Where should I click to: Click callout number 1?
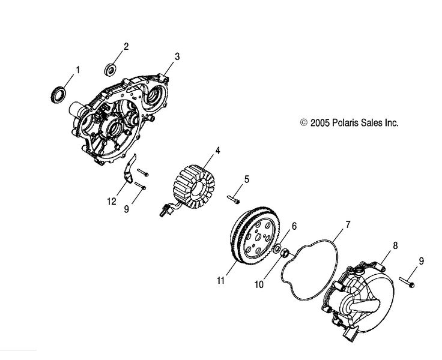tap(77, 70)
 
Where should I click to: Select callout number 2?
tap(127, 46)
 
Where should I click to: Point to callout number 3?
tap(177, 57)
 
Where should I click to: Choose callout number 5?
tap(246, 179)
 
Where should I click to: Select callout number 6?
tap(294, 226)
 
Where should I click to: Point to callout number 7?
tap(347, 226)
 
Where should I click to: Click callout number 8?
tap(395, 245)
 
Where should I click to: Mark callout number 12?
tap(111, 203)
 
